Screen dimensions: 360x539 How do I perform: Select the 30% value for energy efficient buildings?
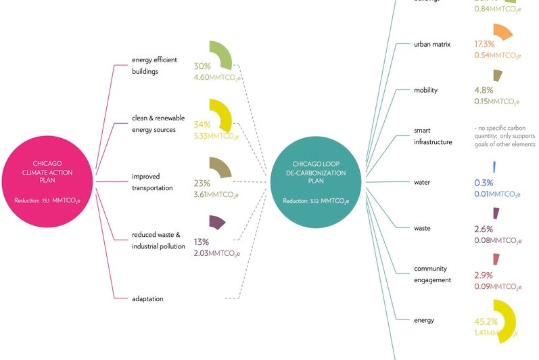[x=202, y=66]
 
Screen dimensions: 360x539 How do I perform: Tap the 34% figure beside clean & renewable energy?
[x=202, y=125]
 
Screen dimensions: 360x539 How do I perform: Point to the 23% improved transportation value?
[x=202, y=183]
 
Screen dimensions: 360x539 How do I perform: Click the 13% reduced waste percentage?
[x=201, y=242]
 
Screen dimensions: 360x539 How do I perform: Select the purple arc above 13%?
[x=217, y=222]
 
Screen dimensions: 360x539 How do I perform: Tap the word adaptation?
[x=147, y=298]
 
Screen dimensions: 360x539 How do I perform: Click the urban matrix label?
[x=431, y=45]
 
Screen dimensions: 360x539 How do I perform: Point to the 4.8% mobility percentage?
[x=484, y=89]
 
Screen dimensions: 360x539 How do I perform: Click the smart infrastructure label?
[x=432, y=137]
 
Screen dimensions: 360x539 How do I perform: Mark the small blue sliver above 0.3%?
[x=495, y=166]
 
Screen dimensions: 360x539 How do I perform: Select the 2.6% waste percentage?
[x=484, y=229]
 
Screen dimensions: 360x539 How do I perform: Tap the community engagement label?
[x=432, y=274]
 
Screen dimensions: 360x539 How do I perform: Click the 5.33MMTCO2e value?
[x=216, y=136]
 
